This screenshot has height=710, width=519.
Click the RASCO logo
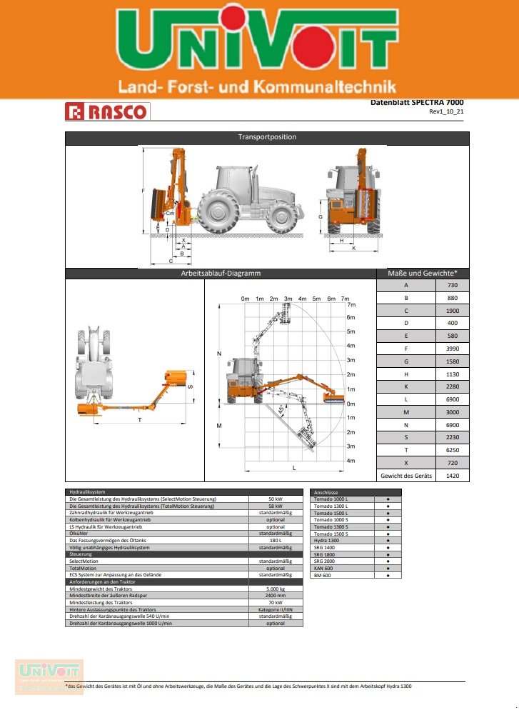107,111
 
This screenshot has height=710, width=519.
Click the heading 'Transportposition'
267,137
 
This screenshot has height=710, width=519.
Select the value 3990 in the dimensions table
452,349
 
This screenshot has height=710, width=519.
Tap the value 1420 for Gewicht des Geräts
452,475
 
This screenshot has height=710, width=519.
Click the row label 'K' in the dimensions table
405,386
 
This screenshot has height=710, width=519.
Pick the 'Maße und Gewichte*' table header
423,274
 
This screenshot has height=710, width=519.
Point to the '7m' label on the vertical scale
351,305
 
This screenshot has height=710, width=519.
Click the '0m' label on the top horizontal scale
246,298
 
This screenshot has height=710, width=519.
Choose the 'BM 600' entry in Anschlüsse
323,575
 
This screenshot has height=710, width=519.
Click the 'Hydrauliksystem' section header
86,492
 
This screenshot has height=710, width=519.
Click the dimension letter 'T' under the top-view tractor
140,421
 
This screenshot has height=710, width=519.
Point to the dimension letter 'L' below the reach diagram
294,466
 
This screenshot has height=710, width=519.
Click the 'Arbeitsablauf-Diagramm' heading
220,274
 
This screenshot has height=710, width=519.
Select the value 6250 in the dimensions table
452,450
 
